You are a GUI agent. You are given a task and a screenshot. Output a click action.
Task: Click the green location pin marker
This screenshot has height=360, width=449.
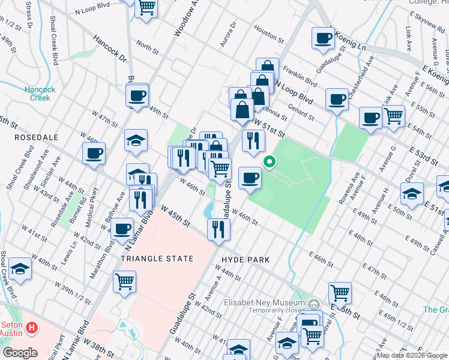(270, 161)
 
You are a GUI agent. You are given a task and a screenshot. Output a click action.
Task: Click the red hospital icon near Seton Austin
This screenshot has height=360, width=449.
(32, 329)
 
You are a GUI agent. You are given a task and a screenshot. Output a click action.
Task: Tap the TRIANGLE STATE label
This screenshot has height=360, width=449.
(157, 259)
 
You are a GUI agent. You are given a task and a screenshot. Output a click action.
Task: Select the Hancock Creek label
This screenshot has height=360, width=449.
(40, 94)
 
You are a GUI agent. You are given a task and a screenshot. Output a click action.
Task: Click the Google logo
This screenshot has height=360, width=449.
(20, 353)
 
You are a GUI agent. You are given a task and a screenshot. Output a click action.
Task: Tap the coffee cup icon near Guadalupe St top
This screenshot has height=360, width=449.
(323, 38)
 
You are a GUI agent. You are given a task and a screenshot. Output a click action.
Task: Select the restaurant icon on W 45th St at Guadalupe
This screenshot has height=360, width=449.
(218, 229)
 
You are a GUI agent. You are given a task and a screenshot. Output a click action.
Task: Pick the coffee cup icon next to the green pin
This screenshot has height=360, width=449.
(250, 177)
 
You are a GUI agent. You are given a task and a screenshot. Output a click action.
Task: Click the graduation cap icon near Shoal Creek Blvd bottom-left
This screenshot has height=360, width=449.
(20, 269)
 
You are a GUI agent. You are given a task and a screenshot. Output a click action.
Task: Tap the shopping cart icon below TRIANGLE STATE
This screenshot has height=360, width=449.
(124, 281)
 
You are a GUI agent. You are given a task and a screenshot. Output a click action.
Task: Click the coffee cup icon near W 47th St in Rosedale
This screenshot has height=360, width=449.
(94, 154)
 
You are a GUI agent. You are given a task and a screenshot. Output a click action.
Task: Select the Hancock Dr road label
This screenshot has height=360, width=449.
(110, 50)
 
